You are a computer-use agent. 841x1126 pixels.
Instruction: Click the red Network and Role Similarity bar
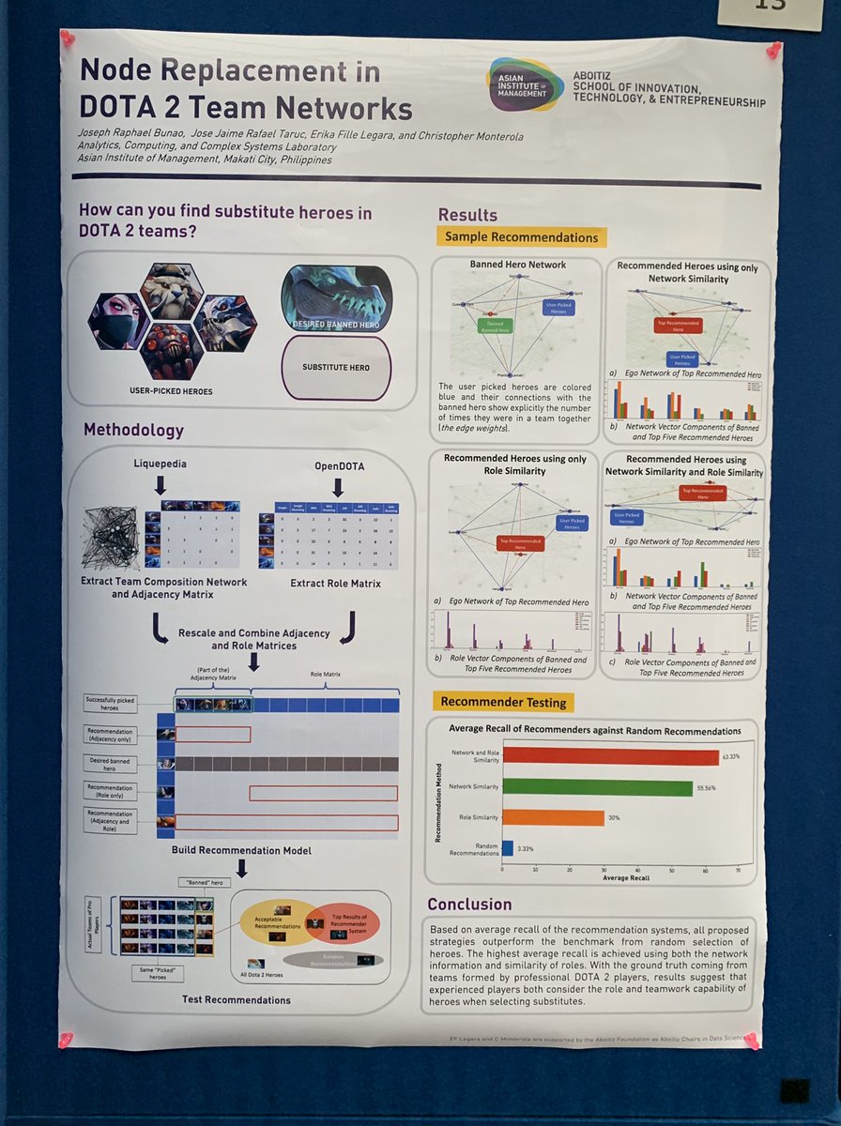[x=610, y=756]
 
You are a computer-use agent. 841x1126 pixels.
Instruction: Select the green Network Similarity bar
[x=597, y=787]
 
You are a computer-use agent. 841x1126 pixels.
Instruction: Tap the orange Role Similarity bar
[x=553, y=817]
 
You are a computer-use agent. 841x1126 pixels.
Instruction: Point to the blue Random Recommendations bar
[x=508, y=847]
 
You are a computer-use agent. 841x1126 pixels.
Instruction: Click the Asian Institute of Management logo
[x=526, y=84]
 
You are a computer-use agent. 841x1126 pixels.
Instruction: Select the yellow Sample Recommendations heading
[x=521, y=237]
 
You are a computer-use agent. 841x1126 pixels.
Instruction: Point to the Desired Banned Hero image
[x=336, y=299]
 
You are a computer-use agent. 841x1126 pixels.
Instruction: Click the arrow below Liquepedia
[x=161, y=484]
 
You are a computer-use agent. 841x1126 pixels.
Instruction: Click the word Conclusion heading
[x=469, y=904]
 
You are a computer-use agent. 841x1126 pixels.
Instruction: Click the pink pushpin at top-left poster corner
[x=68, y=38]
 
